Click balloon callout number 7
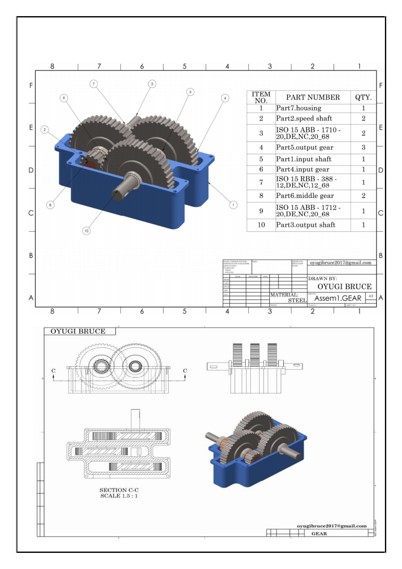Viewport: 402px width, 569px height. point(94,84)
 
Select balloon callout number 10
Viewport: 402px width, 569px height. point(86,231)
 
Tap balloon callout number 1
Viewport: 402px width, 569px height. point(233,205)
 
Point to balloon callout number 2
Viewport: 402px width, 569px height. point(45,130)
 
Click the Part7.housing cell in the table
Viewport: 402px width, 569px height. point(298,108)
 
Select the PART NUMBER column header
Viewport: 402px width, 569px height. point(312,97)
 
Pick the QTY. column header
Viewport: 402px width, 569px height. point(363,97)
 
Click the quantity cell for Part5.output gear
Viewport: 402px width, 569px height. point(363,148)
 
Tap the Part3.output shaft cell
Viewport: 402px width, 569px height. point(305,225)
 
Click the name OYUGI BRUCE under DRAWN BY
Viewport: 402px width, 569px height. point(344,287)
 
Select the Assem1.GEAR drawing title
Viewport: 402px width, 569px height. point(337,298)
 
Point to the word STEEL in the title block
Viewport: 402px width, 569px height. point(297,300)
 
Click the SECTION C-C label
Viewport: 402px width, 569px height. point(119,490)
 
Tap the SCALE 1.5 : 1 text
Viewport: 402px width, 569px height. point(119,496)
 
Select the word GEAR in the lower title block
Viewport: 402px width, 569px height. point(319,534)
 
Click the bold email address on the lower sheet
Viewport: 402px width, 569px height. point(331,526)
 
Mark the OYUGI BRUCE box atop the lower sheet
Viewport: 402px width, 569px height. point(78,331)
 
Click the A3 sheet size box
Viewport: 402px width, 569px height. point(371,296)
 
